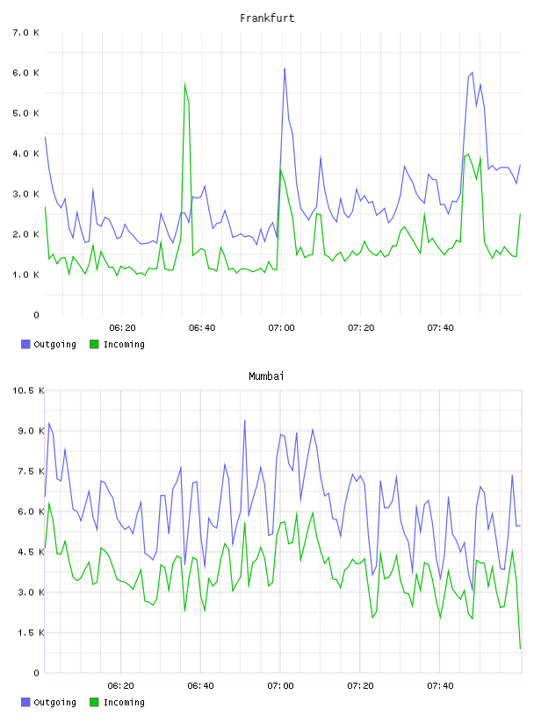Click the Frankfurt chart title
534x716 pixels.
point(267,18)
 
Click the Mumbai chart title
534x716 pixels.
point(266,376)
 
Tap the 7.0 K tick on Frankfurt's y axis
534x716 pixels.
point(26,32)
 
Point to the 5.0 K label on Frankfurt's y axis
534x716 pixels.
point(26,113)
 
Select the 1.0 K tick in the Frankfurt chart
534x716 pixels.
point(26,275)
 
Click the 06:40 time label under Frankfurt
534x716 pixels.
point(202,327)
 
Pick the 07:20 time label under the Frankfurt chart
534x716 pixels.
point(361,327)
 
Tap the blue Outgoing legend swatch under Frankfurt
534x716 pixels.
point(25,344)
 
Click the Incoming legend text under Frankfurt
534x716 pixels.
point(124,344)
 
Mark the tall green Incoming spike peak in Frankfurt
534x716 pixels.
point(184,83)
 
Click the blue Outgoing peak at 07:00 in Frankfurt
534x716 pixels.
point(285,69)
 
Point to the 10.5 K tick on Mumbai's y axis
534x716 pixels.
point(28,390)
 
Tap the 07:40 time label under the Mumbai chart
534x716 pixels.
point(441,685)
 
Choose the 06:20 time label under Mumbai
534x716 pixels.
point(120,685)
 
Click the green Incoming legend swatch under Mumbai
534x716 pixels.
point(94,702)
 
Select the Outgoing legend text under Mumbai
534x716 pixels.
point(54,702)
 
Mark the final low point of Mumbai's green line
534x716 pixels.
point(520,648)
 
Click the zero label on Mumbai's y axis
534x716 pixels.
point(37,673)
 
